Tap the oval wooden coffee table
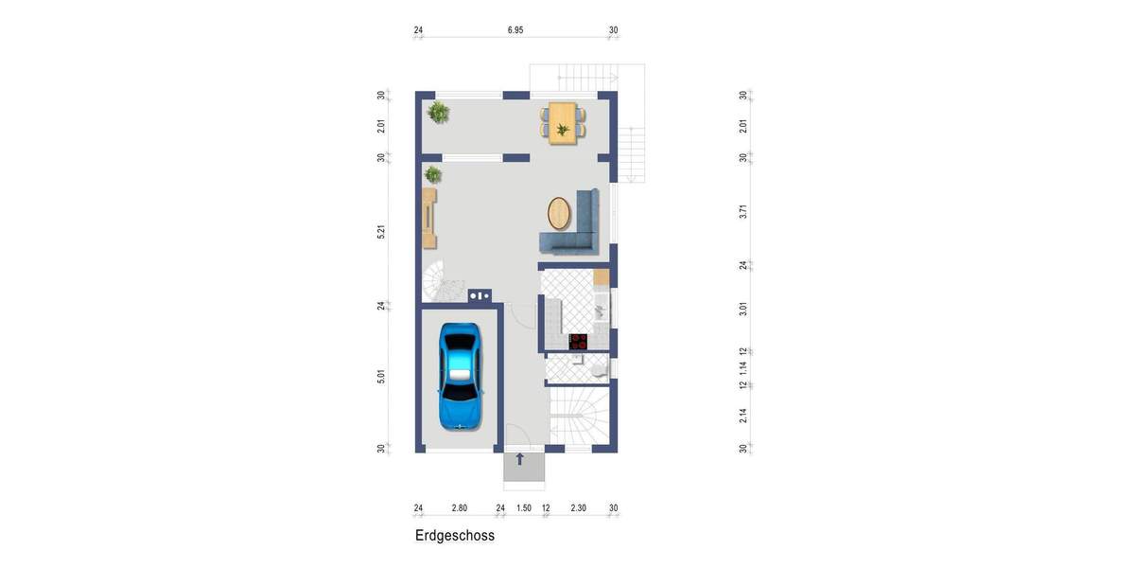tap(560, 213)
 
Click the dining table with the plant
tap(563, 122)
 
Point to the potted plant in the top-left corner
tap(438, 113)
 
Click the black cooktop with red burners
tap(578, 342)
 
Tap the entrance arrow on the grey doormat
tap(519, 460)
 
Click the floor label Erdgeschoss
tap(454, 536)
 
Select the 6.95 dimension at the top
tap(515, 30)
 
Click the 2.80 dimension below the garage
tap(459, 508)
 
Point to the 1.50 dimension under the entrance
tap(523, 508)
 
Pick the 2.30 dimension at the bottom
tap(579, 508)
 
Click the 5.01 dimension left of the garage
tap(381, 377)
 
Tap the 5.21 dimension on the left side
tap(381, 231)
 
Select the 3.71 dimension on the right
tap(743, 212)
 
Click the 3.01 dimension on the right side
tap(743, 309)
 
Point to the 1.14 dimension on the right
tap(743, 368)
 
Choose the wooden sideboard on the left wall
tap(430, 217)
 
